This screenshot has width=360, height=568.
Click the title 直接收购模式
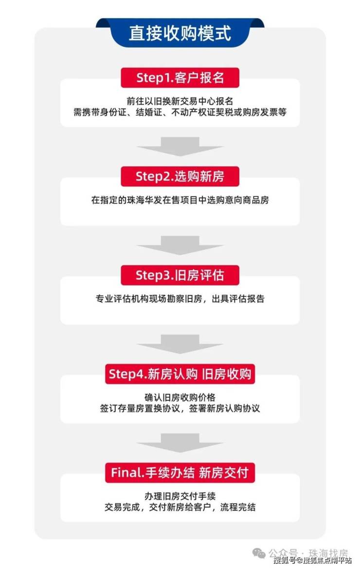click(x=180, y=34)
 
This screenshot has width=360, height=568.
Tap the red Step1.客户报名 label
click(x=180, y=77)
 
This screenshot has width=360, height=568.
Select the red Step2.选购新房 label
click(x=180, y=177)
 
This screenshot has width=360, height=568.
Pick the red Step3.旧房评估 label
click(x=180, y=275)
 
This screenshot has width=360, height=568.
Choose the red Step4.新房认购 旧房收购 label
click(x=180, y=374)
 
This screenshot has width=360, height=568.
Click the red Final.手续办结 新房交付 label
click(x=180, y=473)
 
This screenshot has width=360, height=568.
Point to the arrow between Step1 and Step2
click(x=180, y=146)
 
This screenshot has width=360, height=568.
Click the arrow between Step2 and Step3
click(x=180, y=245)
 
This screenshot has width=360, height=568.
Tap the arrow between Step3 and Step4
click(x=180, y=344)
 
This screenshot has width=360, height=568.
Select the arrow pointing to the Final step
click(x=180, y=443)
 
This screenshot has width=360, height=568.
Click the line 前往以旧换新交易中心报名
click(x=180, y=101)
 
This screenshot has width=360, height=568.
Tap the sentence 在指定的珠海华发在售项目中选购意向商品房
click(x=180, y=200)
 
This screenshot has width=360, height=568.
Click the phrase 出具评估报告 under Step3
click(x=238, y=299)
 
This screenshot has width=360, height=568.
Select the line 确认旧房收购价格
click(x=180, y=397)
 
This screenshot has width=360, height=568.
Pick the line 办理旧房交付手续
click(x=180, y=496)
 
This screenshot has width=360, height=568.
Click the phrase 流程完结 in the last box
click(x=238, y=507)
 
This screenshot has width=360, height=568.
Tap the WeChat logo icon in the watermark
click(x=259, y=553)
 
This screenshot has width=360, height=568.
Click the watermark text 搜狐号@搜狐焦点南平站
click(x=312, y=561)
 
